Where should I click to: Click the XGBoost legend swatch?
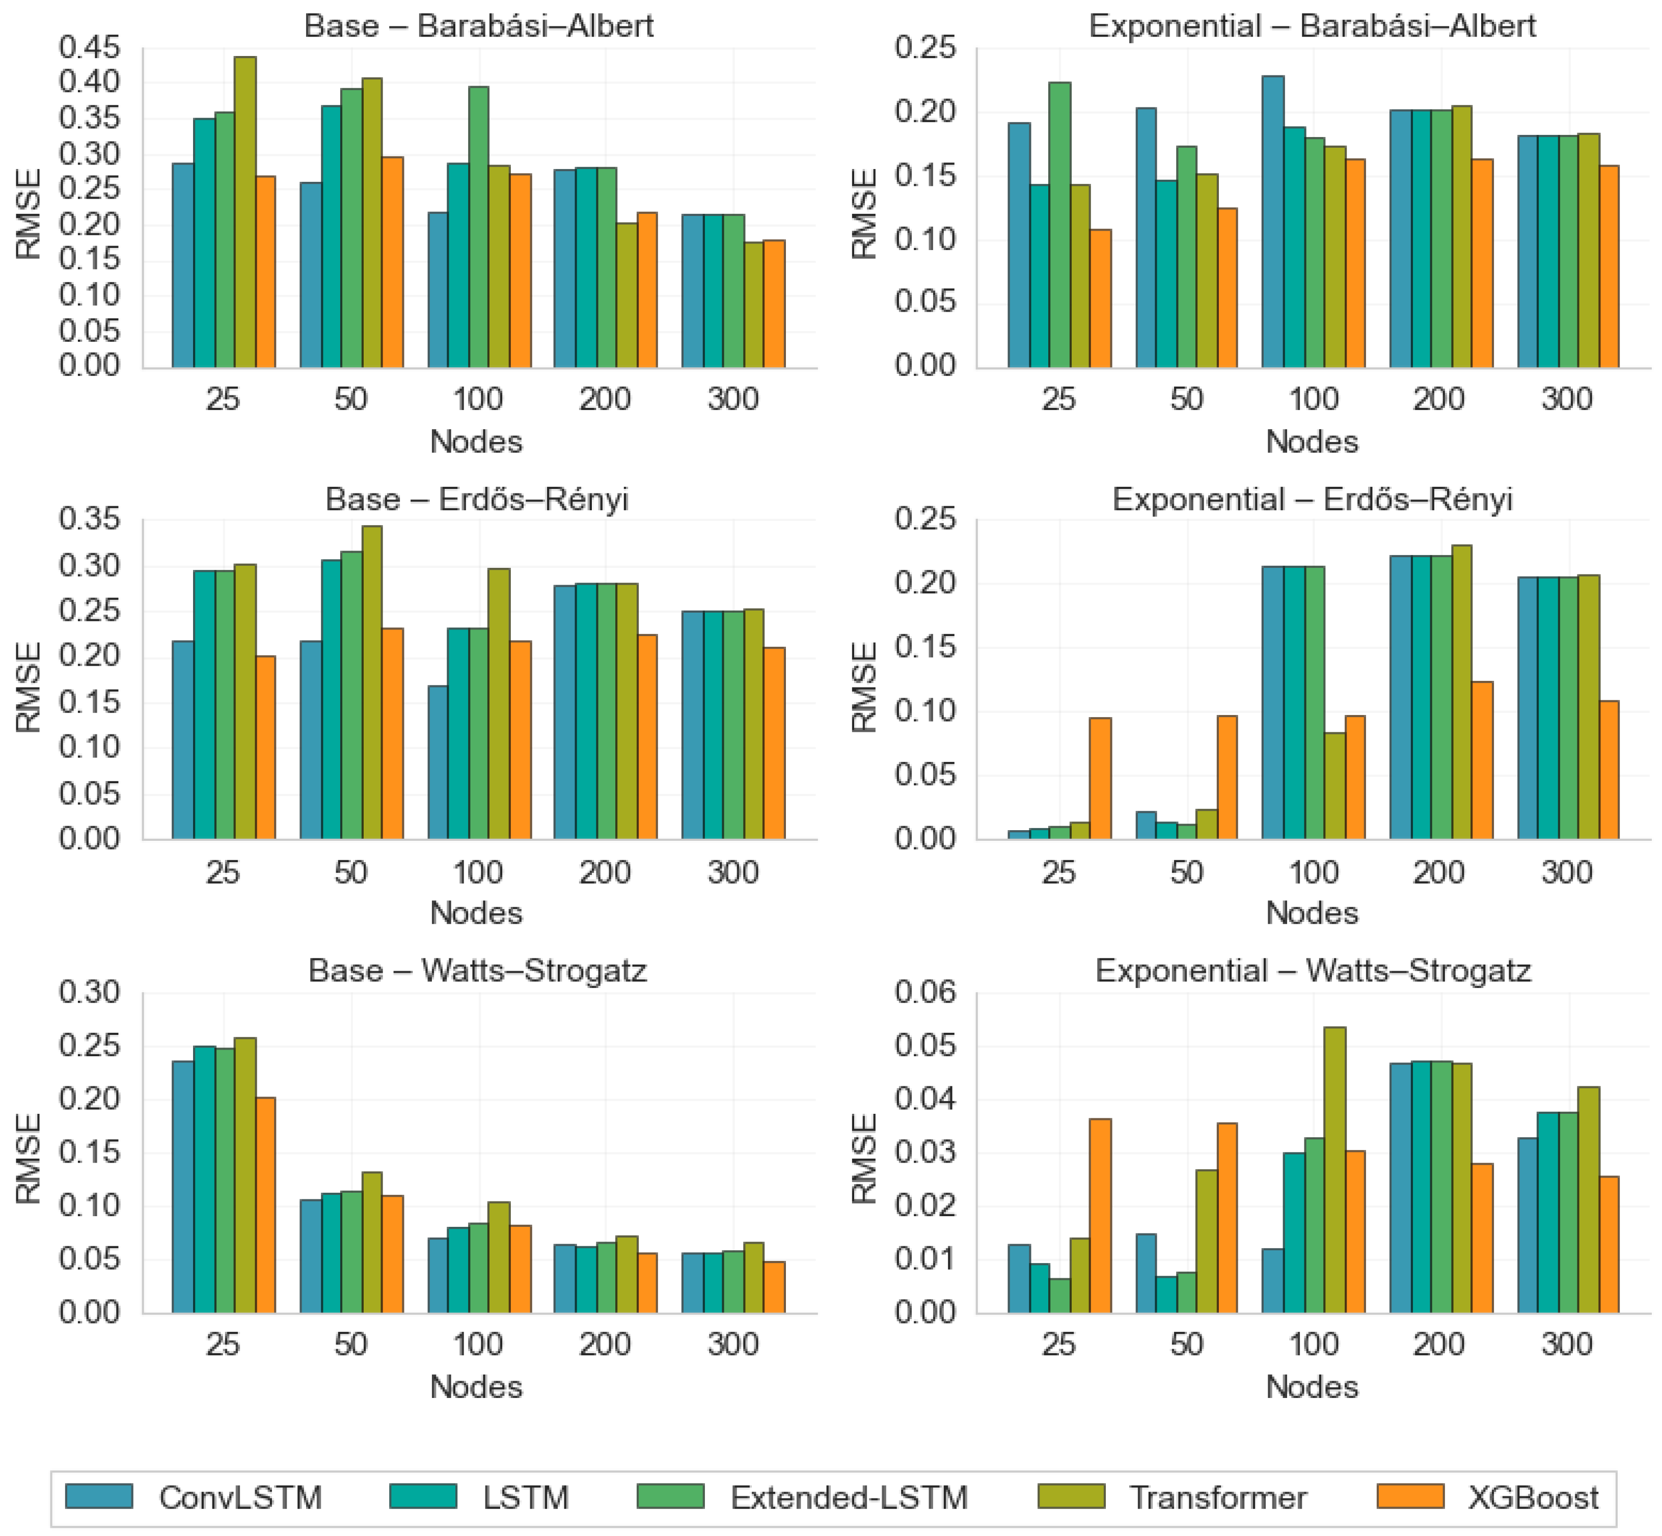pyautogui.click(x=1410, y=1497)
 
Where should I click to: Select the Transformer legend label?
pyautogui.click(x=1218, y=1498)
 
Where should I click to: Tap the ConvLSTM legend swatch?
pyautogui.click(x=99, y=1497)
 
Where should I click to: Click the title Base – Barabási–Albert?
pyautogui.click(x=479, y=26)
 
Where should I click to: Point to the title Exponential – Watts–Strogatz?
pyautogui.click(x=1313, y=971)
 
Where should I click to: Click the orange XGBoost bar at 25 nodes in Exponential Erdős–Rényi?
pyautogui.click(x=1100, y=778)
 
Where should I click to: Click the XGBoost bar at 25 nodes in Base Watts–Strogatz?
pyautogui.click(x=265, y=1205)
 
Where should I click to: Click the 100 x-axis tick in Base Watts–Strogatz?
pyautogui.click(x=478, y=1344)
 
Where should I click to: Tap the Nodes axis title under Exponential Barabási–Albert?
pyautogui.click(x=1312, y=442)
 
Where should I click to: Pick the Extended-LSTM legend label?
pyautogui.click(x=849, y=1498)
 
